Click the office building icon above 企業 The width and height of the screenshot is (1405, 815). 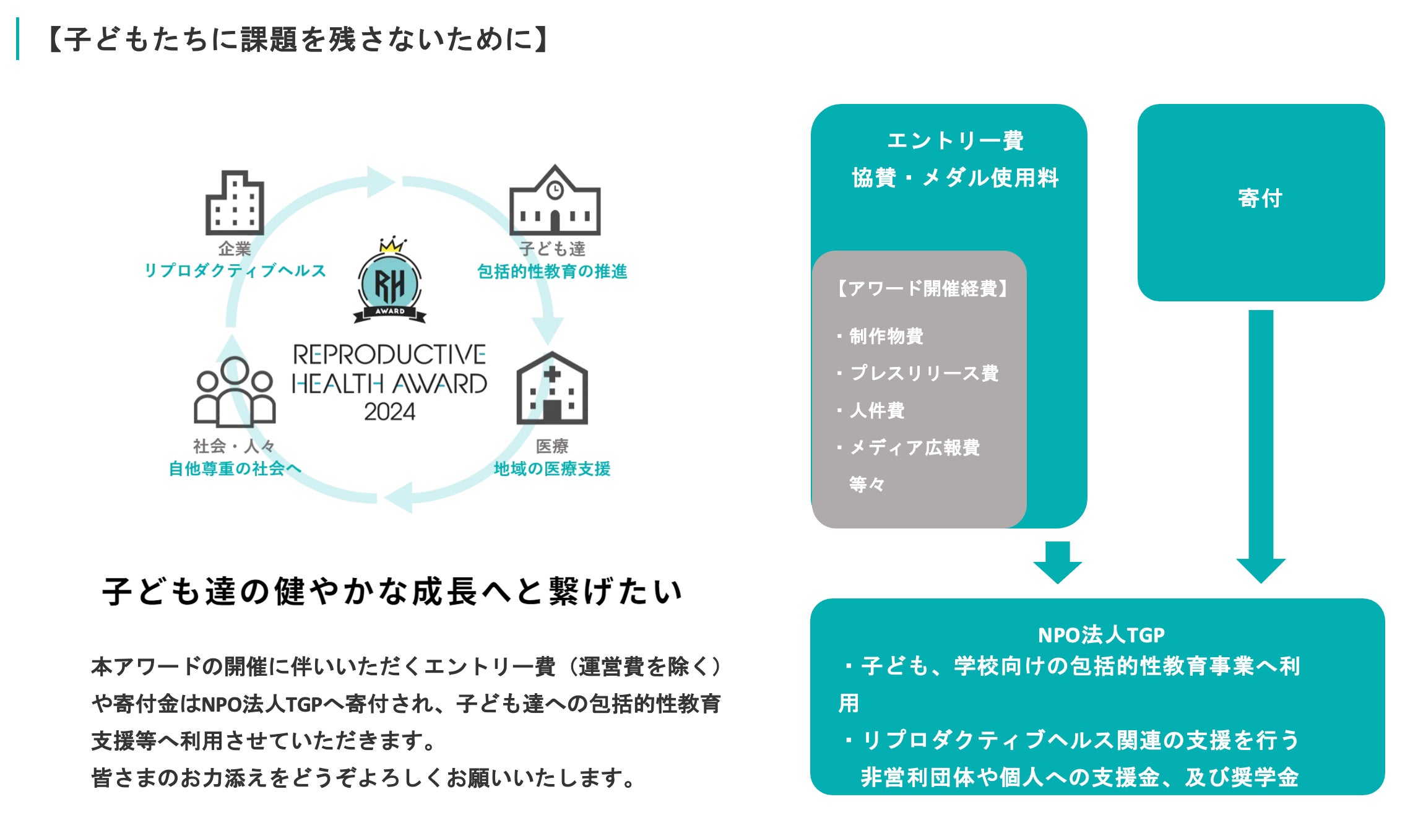tap(235, 202)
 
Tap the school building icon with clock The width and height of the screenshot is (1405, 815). tap(555, 201)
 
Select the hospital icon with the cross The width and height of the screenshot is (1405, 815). tap(552, 389)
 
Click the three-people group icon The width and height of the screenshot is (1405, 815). tap(235, 392)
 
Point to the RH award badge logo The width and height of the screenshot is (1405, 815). tap(390, 285)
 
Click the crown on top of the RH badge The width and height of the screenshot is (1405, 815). tap(392, 244)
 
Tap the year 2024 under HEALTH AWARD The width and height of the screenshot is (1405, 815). tap(389, 412)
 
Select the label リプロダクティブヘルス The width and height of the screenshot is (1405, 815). tap(235, 270)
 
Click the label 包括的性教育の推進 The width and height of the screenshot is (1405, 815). tap(552, 271)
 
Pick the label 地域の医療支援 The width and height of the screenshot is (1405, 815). tap(552, 468)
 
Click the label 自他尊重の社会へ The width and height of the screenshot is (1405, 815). tap(235, 468)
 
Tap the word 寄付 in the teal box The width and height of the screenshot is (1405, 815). tap(1260, 198)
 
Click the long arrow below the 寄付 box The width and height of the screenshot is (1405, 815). tap(1261, 446)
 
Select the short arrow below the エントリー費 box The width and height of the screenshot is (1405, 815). tap(1057, 561)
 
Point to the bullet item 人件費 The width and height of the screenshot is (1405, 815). tap(877, 410)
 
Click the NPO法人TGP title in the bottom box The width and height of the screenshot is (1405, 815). tap(1101, 635)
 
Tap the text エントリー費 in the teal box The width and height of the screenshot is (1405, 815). tap(955, 140)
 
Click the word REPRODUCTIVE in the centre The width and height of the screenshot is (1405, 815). tap(389, 355)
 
